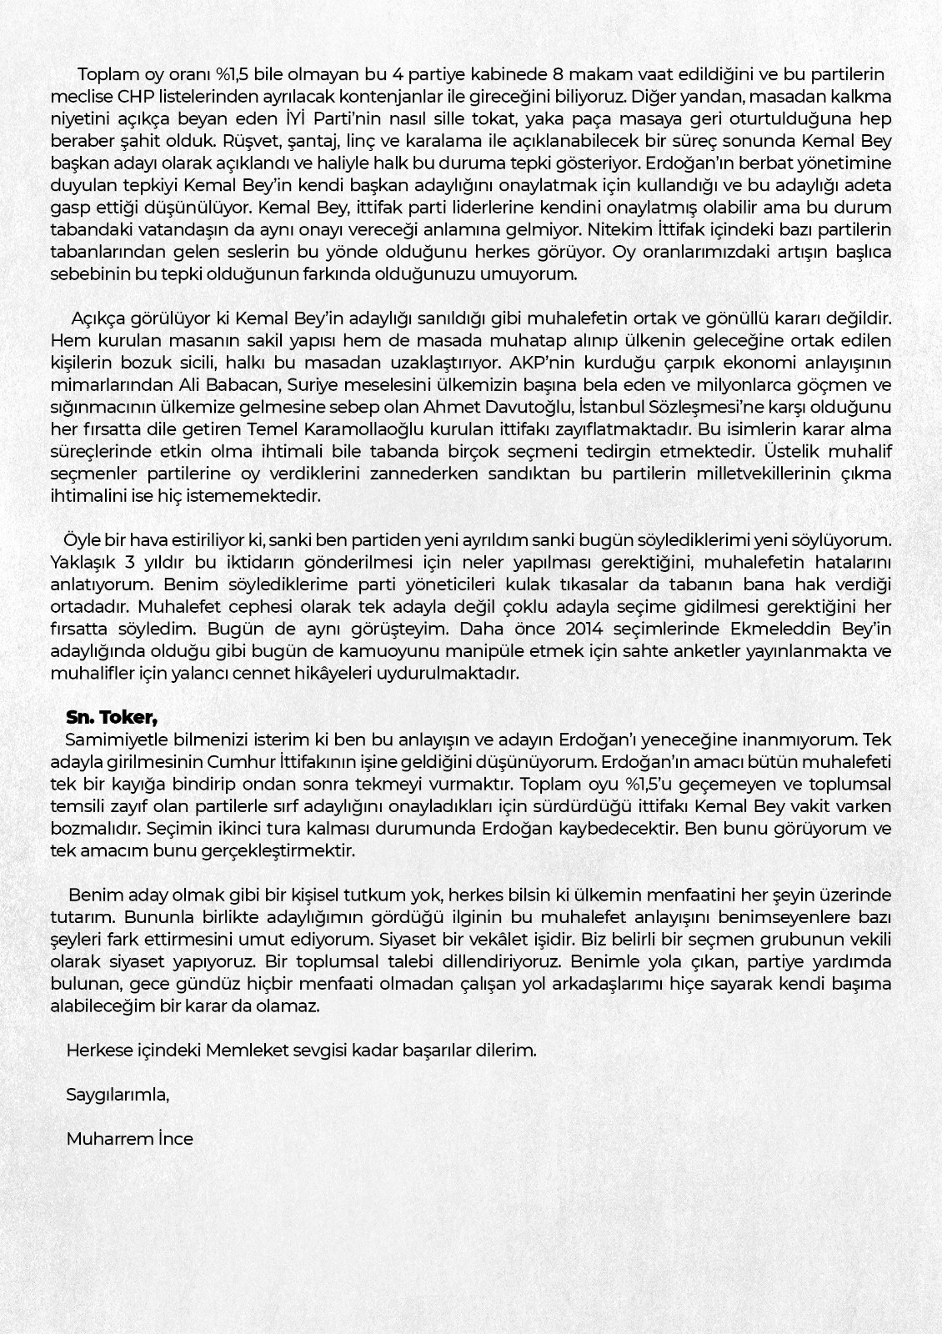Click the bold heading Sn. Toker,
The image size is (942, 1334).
coord(112,717)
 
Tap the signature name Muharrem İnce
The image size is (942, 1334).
coord(129,1138)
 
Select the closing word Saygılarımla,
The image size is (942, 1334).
coord(118,1094)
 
